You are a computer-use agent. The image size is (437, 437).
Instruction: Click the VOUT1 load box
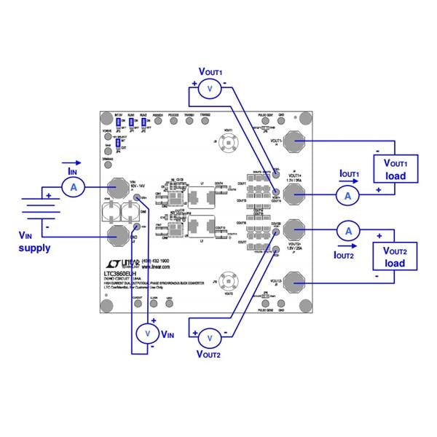[x=395, y=168]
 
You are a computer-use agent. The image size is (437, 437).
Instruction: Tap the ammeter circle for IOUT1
[x=348, y=195]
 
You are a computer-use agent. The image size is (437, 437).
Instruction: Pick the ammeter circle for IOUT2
[x=348, y=230]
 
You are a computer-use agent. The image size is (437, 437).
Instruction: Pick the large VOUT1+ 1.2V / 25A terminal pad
[x=294, y=194]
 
